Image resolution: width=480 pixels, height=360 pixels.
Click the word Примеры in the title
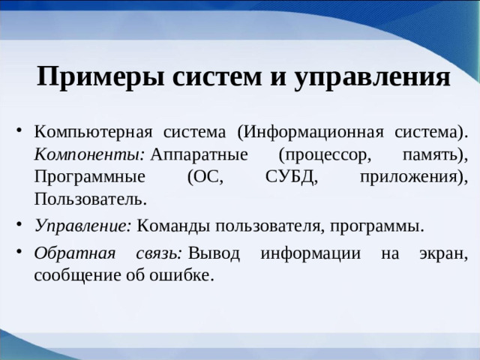tap(88, 77)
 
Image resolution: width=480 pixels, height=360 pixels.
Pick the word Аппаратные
tap(199, 154)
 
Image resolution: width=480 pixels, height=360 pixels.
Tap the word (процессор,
tap(324, 154)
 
